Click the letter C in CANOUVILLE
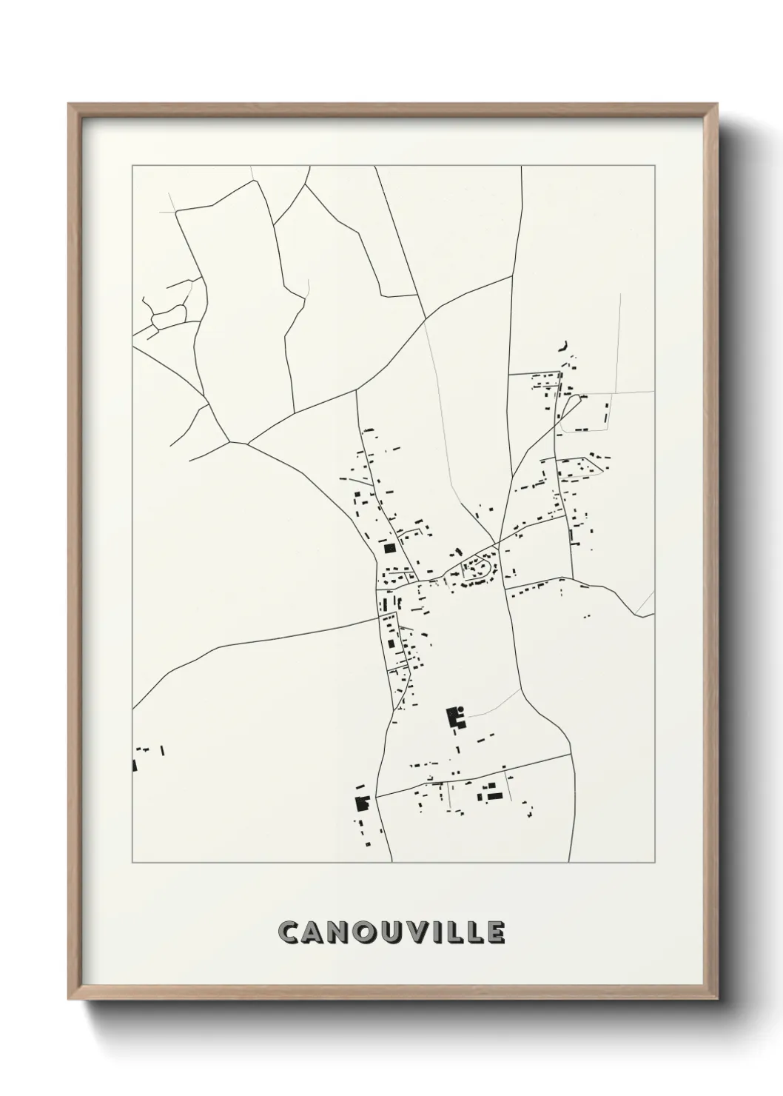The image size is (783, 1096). (289, 932)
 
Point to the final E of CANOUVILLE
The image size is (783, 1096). (495, 932)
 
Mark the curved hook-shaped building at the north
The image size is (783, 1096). (564, 344)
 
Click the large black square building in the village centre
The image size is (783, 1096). (389, 549)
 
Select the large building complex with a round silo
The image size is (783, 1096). (453, 718)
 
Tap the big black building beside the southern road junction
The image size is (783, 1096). (362, 803)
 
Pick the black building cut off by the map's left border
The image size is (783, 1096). (135, 766)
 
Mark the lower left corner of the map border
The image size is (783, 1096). (132, 863)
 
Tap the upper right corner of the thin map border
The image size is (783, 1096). (655, 166)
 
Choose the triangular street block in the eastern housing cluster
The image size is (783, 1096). (588, 467)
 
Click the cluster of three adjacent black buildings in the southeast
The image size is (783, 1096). (491, 794)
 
